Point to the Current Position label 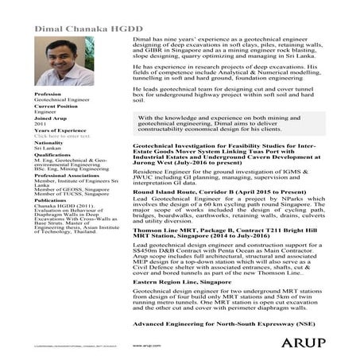coord(56,106)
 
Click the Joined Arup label coord(49,118)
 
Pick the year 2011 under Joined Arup coord(41,124)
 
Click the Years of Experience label coord(60,130)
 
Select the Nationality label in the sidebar coord(48,142)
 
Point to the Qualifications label coord(52,155)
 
